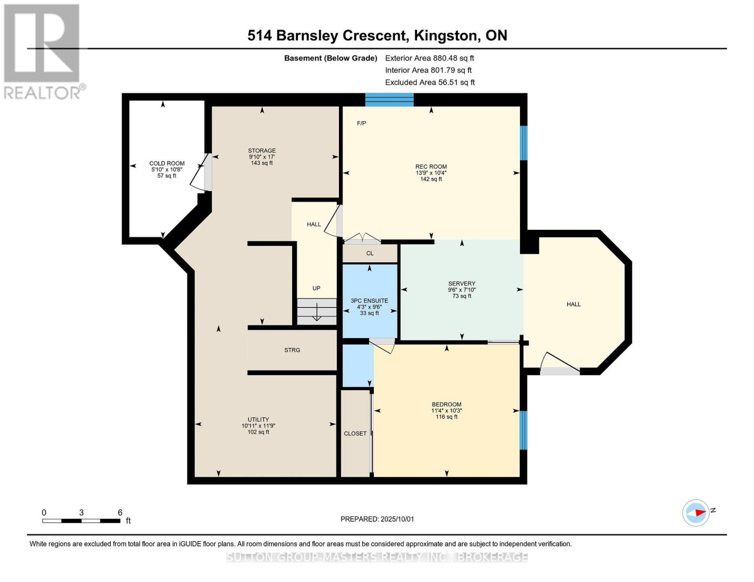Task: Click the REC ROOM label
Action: pyautogui.click(x=431, y=166)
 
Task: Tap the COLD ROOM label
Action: pyautogui.click(x=167, y=163)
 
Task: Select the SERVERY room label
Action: pyautogui.click(x=462, y=283)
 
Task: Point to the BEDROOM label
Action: pyautogui.click(x=447, y=404)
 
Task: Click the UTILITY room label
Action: pyautogui.click(x=258, y=420)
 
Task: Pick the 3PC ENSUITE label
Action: pyautogui.click(x=369, y=301)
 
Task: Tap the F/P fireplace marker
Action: pyautogui.click(x=361, y=123)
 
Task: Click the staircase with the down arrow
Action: pyautogui.click(x=317, y=311)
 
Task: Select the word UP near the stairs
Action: pyautogui.click(x=316, y=288)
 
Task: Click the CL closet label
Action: pyautogui.click(x=370, y=253)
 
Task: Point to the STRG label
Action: pyautogui.click(x=292, y=350)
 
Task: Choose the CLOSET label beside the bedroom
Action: pyautogui.click(x=355, y=433)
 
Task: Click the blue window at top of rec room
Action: pyautogui.click(x=389, y=99)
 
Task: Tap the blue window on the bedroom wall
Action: pyautogui.click(x=523, y=430)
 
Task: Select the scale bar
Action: pyautogui.click(x=81, y=520)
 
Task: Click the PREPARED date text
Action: pyautogui.click(x=377, y=519)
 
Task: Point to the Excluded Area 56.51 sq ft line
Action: pyautogui.click(x=430, y=82)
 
